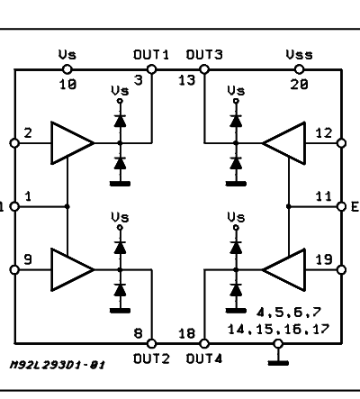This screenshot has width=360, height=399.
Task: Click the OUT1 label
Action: pos(151,55)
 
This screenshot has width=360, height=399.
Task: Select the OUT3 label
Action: pos(204,55)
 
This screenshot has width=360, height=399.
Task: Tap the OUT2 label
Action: pos(151,358)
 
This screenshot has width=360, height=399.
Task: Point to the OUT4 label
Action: pos(204,358)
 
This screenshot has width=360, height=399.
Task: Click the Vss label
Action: pos(299,55)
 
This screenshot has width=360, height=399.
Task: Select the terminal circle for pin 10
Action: pos(67,69)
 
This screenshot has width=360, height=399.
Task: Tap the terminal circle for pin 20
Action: pos(299,69)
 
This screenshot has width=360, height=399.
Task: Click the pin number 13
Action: pos(187,80)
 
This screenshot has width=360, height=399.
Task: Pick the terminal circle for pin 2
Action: pos(14,143)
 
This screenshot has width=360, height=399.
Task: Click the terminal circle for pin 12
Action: pos(341,143)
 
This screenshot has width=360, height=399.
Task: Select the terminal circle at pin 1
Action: pos(14,206)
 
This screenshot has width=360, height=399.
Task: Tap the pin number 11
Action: pos(324,196)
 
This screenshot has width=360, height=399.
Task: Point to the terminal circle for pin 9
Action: pos(14,270)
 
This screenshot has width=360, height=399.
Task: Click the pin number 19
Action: pos(324,259)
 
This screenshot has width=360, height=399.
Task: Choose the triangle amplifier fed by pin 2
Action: pos(72,143)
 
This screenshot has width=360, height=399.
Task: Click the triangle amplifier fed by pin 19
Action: pos(283,270)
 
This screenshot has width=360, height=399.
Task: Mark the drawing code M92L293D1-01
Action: pos(58,365)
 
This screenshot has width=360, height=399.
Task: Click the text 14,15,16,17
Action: pos(278,330)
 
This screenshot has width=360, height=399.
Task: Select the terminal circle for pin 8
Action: pos(152,343)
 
